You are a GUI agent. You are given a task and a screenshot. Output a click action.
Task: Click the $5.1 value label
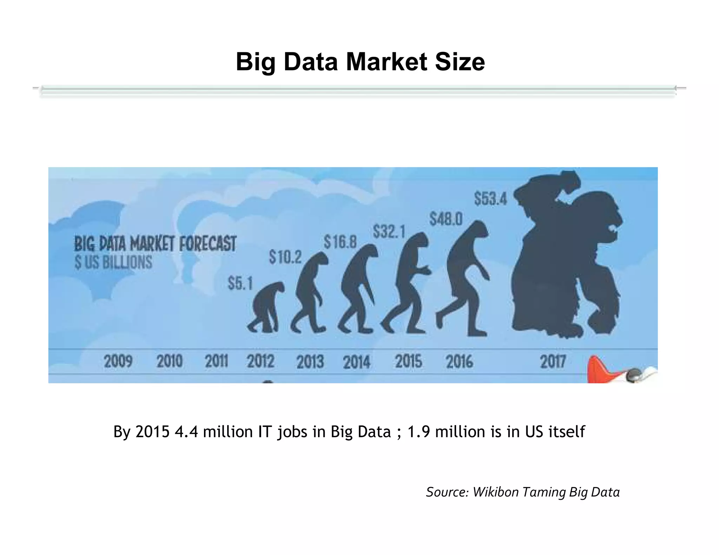(x=240, y=283)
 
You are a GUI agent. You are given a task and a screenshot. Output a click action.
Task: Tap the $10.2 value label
(x=285, y=257)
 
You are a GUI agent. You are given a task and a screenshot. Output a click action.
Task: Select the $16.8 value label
(x=340, y=242)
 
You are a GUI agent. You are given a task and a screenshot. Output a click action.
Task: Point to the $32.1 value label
(x=389, y=232)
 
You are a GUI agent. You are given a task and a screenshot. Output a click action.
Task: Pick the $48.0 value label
(x=446, y=220)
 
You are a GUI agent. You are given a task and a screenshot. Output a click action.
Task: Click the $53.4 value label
(x=490, y=199)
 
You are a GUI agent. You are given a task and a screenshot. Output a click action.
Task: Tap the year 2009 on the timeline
(x=118, y=361)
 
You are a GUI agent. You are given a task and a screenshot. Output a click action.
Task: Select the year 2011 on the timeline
(x=216, y=361)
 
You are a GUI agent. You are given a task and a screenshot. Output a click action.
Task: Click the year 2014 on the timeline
(x=356, y=362)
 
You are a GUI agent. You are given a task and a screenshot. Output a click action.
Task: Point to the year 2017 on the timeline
(x=553, y=361)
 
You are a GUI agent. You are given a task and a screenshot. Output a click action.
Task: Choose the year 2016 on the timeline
(x=459, y=361)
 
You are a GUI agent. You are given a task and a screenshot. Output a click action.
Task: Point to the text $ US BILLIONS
(x=113, y=262)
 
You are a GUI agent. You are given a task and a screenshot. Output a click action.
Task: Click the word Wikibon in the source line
(x=495, y=492)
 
